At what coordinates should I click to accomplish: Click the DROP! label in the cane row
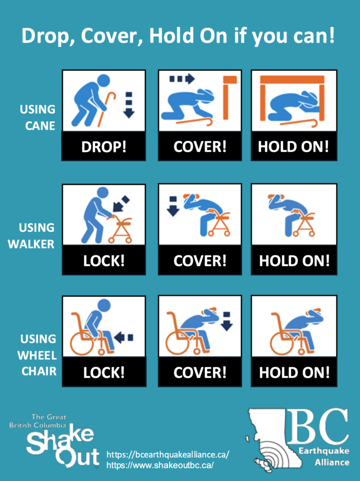pos(104,147)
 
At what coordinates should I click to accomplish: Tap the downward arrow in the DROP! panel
pos(129,105)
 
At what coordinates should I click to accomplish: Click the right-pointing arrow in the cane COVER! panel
pos(182,79)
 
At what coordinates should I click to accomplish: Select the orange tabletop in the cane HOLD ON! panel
pos(292,80)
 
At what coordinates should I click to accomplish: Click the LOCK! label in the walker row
pos(104,261)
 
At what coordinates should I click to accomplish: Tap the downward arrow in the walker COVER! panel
pos(173,207)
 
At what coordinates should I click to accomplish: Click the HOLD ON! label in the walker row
pos(294,261)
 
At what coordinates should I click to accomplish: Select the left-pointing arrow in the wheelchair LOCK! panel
pos(124,338)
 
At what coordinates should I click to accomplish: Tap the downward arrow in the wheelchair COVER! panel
pos(227,321)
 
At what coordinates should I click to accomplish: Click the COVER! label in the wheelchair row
pos(200,372)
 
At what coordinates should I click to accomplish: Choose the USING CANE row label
pos(38,117)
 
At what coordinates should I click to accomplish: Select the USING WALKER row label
pos(31,236)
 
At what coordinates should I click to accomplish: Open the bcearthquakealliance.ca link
pos(168,454)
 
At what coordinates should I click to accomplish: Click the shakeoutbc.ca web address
pos(160,465)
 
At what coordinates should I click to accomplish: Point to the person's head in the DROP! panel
pos(104,80)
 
